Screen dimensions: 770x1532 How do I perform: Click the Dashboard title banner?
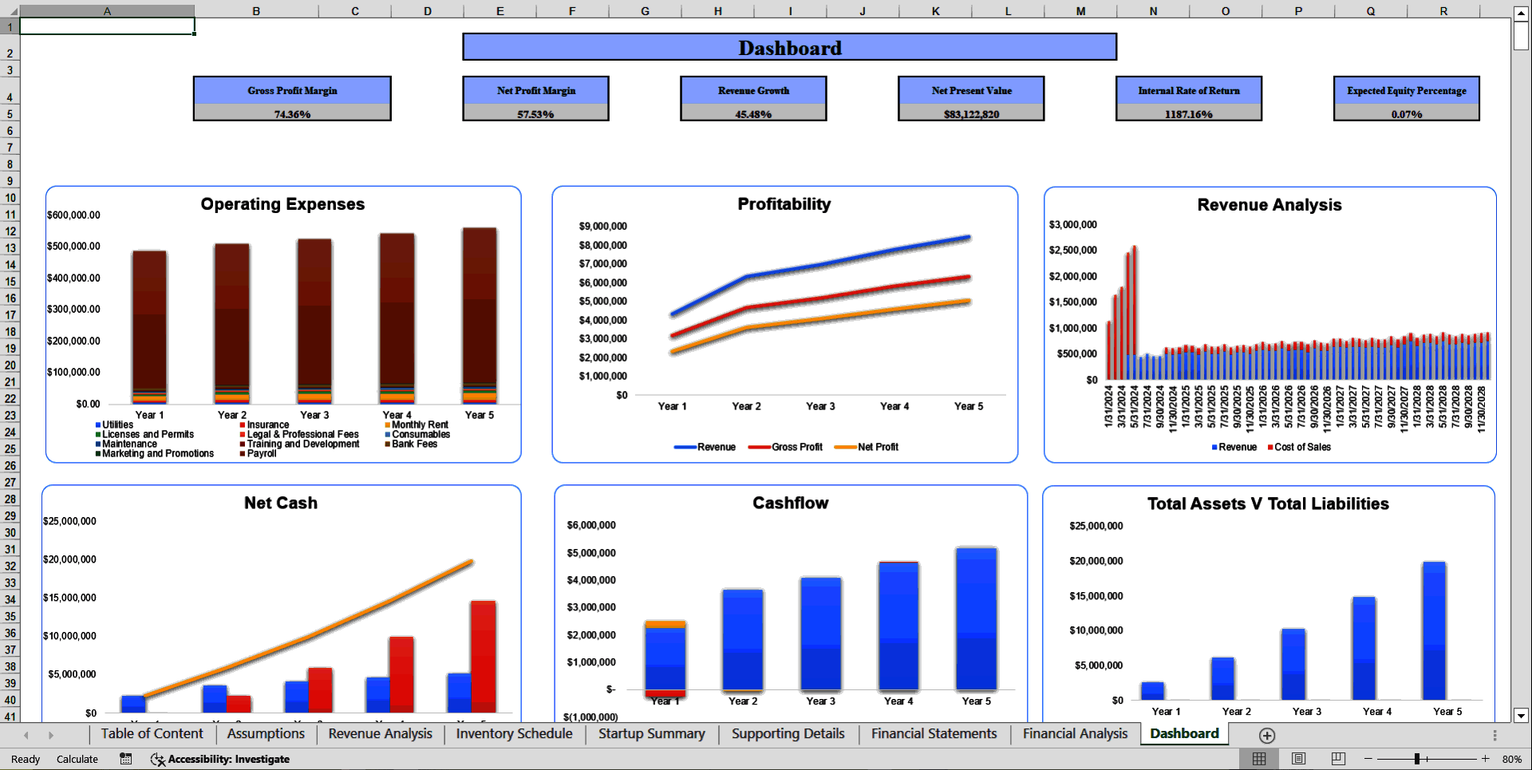click(789, 47)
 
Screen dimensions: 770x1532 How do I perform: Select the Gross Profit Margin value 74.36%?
click(292, 114)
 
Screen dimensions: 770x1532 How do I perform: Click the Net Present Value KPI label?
click(971, 90)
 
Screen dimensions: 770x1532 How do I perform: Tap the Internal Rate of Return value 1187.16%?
click(1188, 114)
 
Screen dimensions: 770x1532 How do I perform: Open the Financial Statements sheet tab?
click(934, 733)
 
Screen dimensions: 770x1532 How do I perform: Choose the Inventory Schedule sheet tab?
click(514, 733)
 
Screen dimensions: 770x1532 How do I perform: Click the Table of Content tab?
click(152, 733)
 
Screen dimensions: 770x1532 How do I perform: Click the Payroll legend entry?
click(261, 453)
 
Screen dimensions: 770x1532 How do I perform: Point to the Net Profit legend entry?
click(877, 447)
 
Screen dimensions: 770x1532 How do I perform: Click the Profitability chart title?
click(784, 204)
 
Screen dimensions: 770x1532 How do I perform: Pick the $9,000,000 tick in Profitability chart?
click(602, 227)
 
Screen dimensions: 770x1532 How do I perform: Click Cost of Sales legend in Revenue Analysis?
click(1301, 447)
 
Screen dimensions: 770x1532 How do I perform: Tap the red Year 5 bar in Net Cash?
click(484, 654)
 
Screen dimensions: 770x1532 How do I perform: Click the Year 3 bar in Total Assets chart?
click(1293, 664)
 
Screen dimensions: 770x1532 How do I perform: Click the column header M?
click(1080, 11)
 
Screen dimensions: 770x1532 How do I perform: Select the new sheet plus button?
click(1267, 735)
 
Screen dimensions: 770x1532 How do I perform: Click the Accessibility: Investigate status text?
click(228, 759)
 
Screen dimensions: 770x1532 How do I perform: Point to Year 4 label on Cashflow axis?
click(898, 701)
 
